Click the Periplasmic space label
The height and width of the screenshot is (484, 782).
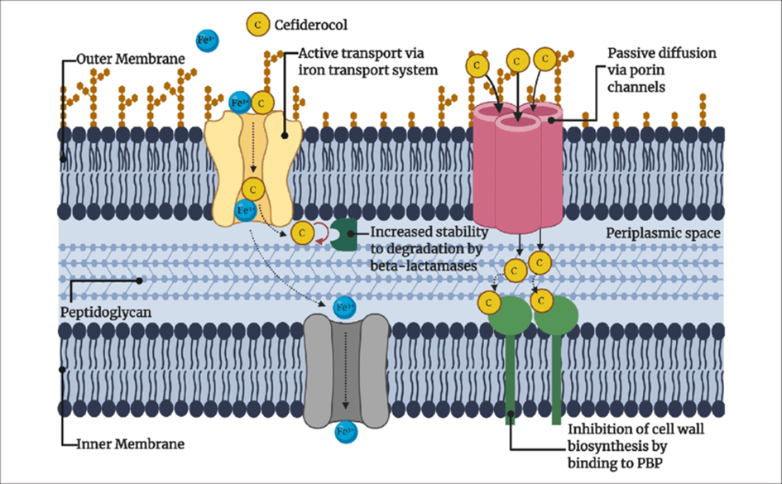click(x=663, y=233)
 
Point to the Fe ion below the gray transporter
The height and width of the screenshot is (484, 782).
click(x=345, y=431)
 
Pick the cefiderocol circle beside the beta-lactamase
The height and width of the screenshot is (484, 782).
click(x=303, y=234)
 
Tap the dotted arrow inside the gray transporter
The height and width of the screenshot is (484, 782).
click(x=346, y=372)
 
